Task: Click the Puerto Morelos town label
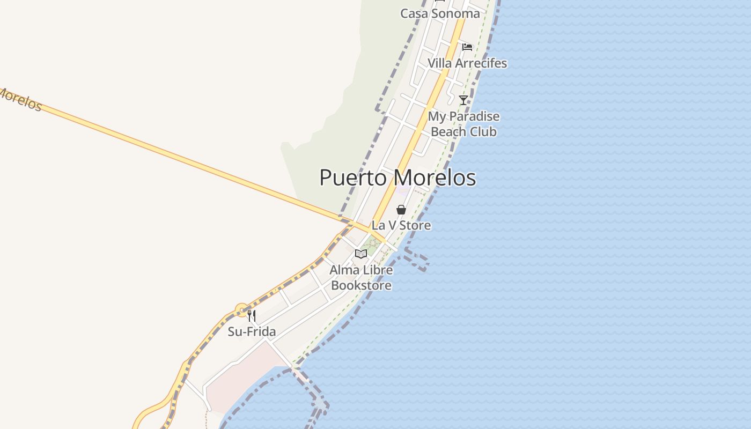[397, 177]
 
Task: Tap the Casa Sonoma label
[440, 13]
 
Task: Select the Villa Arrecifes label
[467, 63]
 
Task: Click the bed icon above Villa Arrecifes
[467, 47]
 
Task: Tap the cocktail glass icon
[463, 100]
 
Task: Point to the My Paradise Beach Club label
[463, 124]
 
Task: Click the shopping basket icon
[401, 210]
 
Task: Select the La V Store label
[401, 225]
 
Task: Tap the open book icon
[361, 254]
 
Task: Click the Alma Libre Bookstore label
[361, 277]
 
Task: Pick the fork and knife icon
[252, 316]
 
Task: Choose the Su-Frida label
[252, 331]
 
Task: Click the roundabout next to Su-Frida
[242, 310]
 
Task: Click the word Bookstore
[361, 285]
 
